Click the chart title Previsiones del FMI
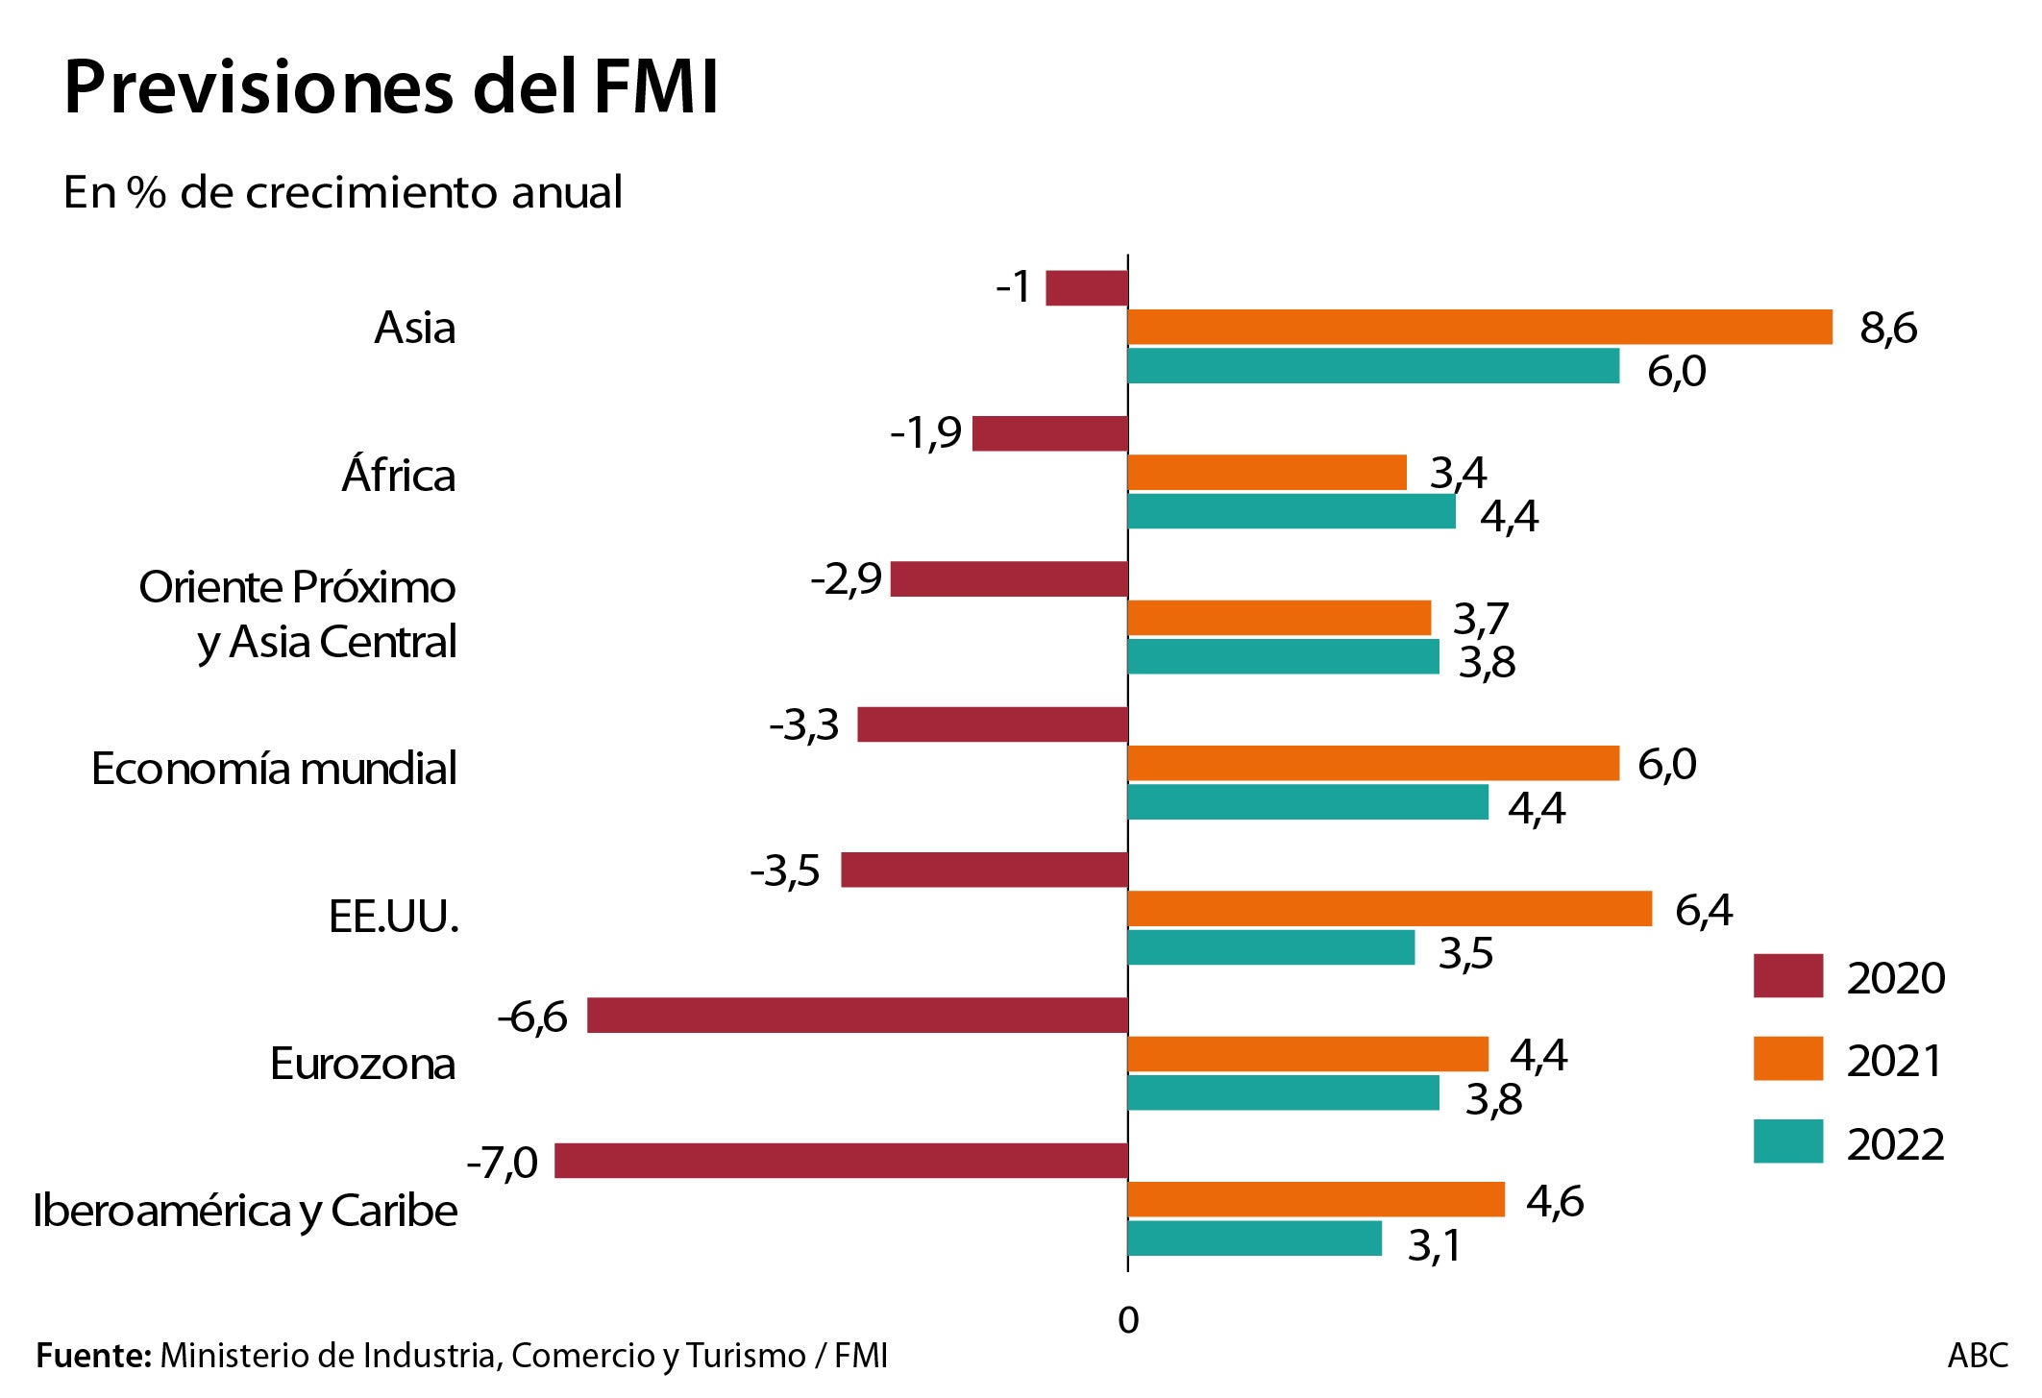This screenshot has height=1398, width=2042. (x=390, y=88)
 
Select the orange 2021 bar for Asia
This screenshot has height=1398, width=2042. (x=1479, y=327)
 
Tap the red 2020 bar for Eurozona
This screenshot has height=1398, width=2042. (x=856, y=1016)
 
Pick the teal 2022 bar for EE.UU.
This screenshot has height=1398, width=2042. (x=1270, y=947)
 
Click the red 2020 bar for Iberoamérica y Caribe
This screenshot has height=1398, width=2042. (x=840, y=1161)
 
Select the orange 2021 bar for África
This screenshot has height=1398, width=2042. (x=1267, y=473)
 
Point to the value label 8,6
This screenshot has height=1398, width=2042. (x=1887, y=329)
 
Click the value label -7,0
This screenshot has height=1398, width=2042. (x=502, y=1163)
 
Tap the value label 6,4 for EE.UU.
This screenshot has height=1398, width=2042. (x=1703, y=910)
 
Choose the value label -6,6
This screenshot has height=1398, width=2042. (x=532, y=1017)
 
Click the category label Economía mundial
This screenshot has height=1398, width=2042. (x=274, y=769)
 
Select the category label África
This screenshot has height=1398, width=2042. (x=399, y=476)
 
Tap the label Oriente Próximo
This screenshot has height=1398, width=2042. (x=297, y=587)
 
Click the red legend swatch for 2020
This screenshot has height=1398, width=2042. (x=1787, y=976)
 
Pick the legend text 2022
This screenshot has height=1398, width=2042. (x=1895, y=1144)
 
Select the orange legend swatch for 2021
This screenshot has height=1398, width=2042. (x=1787, y=1059)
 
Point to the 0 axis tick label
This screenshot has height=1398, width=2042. (x=1128, y=1320)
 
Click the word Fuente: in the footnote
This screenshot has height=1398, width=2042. (x=93, y=1356)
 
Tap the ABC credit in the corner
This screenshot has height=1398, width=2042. (x=1977, y=1356)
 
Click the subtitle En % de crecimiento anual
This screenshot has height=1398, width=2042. (x=342, y=192)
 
